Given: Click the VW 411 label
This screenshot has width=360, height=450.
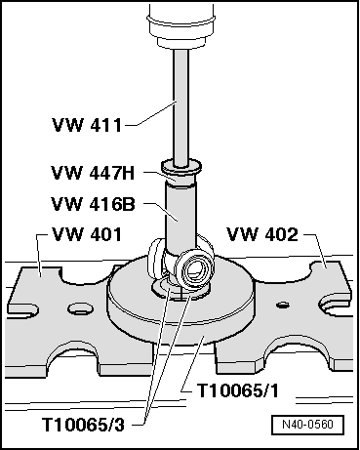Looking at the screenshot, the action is click(x=87, y=125).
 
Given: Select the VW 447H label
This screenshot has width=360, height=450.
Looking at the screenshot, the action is click(x=93, y=173).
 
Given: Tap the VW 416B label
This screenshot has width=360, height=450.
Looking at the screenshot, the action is click(x=93, y=204).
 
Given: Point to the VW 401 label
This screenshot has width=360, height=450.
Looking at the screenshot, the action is click(x=87, y=234).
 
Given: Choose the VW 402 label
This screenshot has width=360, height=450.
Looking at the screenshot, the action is click(x=262, y=234).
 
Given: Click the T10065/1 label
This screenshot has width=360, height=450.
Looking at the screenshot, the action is click(x=238, y=390).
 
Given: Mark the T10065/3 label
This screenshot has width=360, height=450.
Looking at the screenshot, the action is click(x=83, y=425).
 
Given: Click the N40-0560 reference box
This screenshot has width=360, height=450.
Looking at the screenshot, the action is click(x=307, y=425).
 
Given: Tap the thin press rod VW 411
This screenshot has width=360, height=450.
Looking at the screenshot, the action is click(x=180, y=107).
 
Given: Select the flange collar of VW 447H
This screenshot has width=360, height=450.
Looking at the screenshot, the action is click(x=181, y=166).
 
